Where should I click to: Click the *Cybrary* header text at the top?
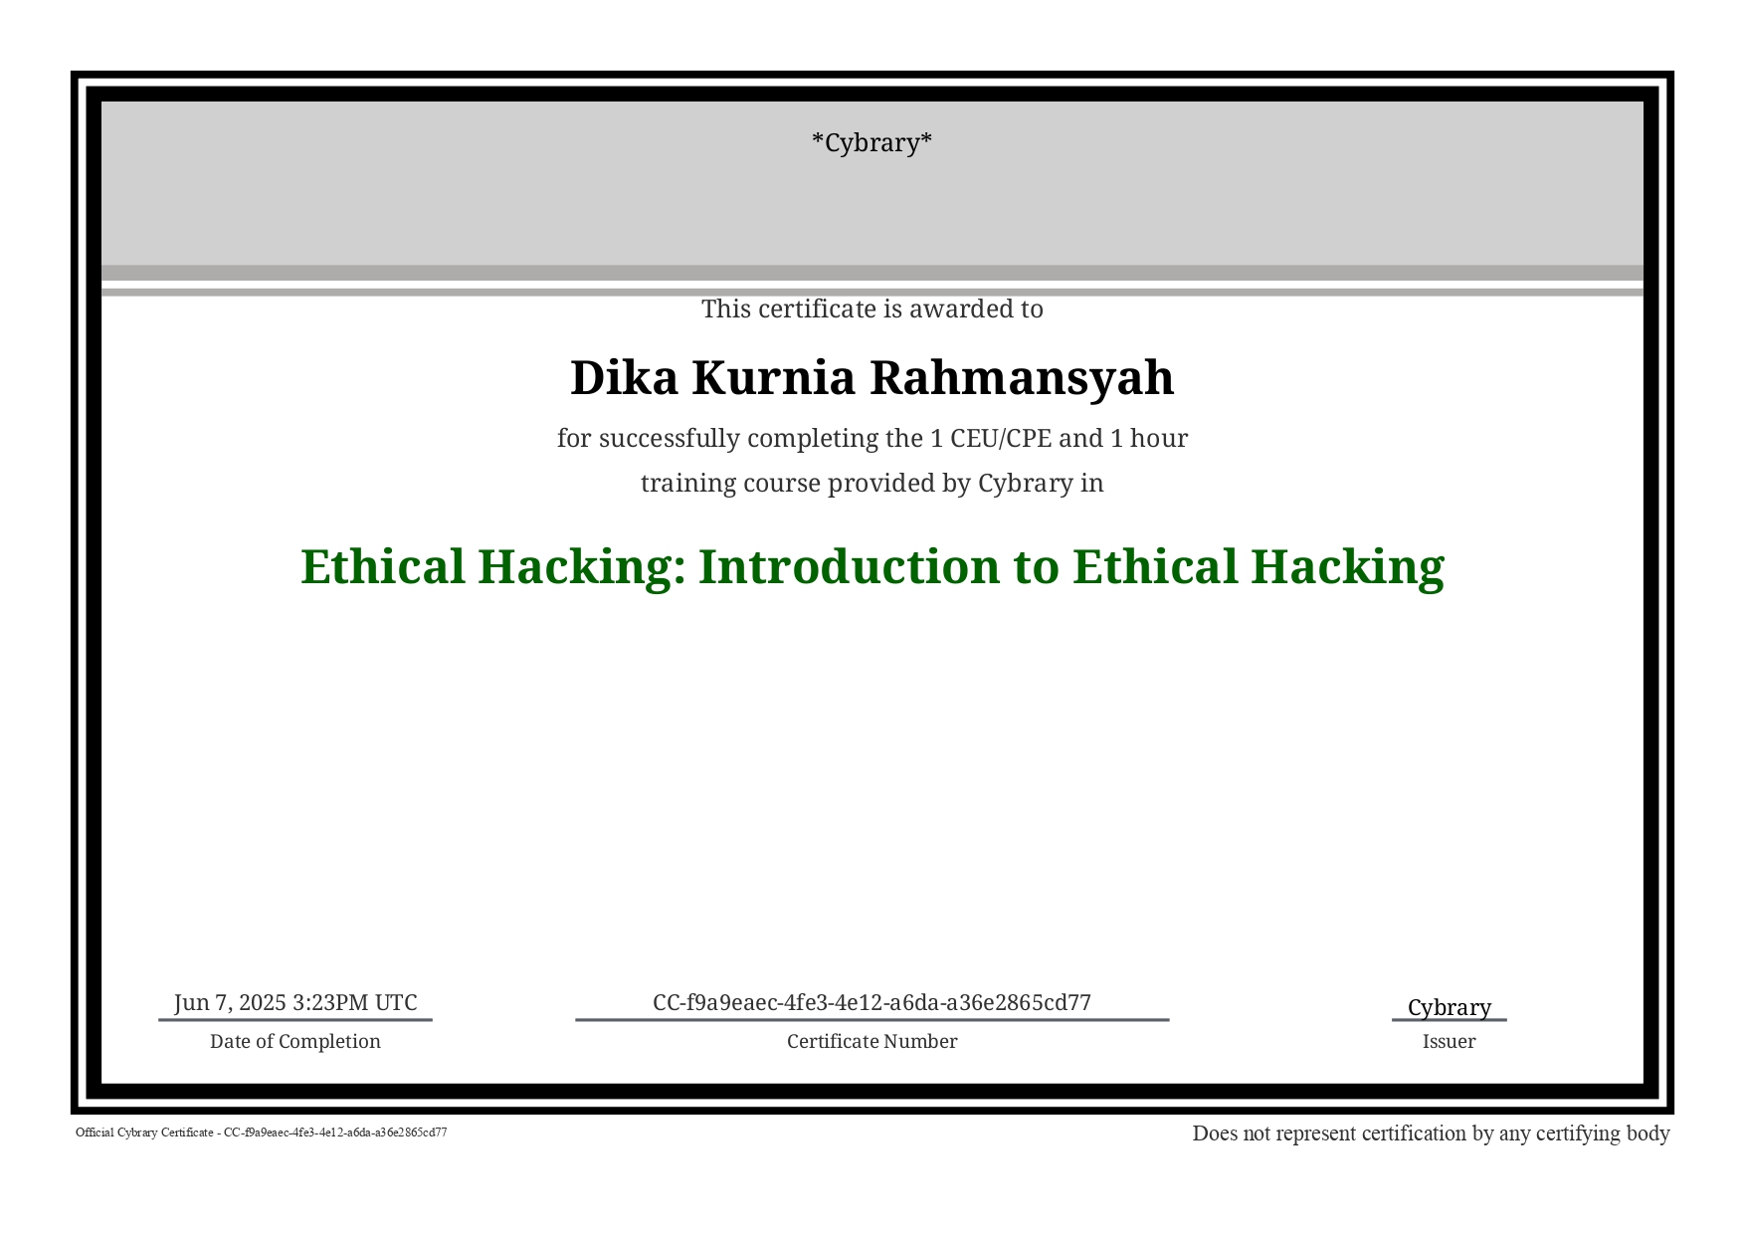coord(872,143)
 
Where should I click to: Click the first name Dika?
coord(627,378)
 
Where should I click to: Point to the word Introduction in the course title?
coord(850,566)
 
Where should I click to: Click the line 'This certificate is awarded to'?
coord(872,309)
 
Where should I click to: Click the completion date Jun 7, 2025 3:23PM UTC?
coord(295,1002)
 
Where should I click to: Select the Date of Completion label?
coord(295,1042)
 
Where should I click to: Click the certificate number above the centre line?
coord(872,1002)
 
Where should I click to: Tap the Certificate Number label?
coord(872,1042)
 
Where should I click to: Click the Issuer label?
coord(1449,1042)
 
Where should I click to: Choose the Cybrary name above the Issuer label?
coord(1450,1008)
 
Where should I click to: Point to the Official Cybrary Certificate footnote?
coord(262,1132)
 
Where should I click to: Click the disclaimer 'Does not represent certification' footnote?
coord(1431,1133)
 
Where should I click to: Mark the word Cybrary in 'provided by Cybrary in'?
coord(1025,485)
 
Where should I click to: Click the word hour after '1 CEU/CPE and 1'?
coord(1159,439)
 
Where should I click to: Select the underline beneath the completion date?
coord(295,1019)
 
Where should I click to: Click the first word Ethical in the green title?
coord(383,566)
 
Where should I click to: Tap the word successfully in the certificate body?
coord(670,440)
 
